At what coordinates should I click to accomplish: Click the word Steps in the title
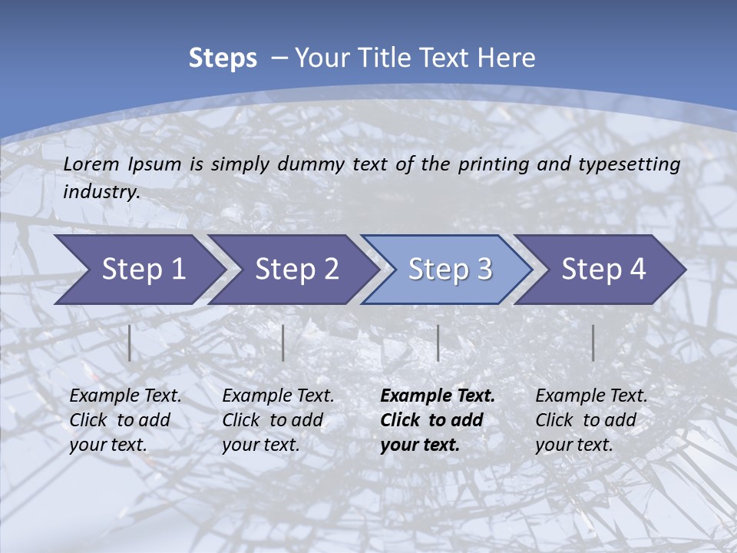(223, 58)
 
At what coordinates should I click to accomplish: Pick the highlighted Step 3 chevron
(450, 270)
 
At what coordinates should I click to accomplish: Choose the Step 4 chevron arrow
(603, 270)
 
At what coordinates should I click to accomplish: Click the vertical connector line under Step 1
(130, 343)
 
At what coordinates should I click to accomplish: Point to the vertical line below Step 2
(283, 343)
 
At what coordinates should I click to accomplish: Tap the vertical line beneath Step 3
(438, 343)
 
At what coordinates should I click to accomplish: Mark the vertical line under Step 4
(593, 343)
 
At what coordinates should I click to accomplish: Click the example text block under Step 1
(125, 420)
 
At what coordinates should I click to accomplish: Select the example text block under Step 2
(278, 420)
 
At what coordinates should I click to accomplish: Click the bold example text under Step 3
(437, 420)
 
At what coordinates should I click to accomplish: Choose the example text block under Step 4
(591, 420)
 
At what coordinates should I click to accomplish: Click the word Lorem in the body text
(91, 164)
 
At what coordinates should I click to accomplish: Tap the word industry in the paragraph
(101, 192)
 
